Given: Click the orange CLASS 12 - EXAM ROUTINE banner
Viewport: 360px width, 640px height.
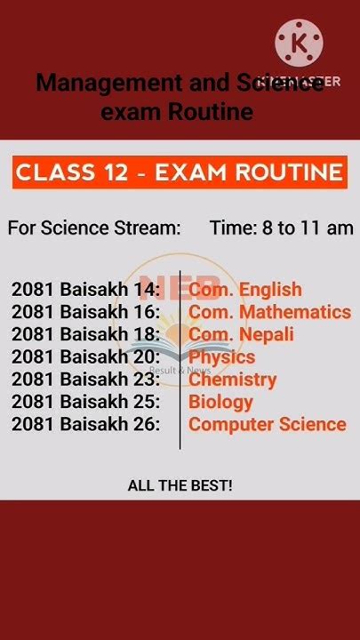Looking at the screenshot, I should click(x=180, y=172).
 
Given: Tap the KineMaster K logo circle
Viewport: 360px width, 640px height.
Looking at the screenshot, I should click(x=299, y=42).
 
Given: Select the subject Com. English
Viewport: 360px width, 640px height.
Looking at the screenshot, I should click(x=245, y=290).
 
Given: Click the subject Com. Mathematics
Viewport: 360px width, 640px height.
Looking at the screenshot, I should click(x=269, y=312).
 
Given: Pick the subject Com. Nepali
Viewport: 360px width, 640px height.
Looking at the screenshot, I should click(x=241, y=334).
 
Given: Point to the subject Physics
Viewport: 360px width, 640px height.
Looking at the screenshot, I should click(x=221, y=357).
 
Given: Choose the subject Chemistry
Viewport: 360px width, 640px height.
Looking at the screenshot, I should click(x=232, y=380).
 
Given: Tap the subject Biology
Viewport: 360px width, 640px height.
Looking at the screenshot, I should click(x=220, y=402).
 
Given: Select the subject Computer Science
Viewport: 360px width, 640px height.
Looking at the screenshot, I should click(x=267, y=424).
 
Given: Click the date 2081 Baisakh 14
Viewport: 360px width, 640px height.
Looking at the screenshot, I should click(x=86, y=290).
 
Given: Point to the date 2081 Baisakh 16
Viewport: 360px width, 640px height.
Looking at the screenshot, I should click(x=86, y=312).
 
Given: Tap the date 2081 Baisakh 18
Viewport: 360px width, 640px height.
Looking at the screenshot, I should click(x=86, y=334).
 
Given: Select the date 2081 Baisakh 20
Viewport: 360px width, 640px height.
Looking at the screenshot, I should click(x=86, y=357).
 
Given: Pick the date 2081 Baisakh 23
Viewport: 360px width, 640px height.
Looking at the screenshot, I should click(x=86, y=380).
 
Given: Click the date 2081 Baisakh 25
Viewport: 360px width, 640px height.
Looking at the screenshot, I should click(x=86, y=402).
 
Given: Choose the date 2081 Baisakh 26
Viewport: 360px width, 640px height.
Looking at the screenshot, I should click(x=86, y=424).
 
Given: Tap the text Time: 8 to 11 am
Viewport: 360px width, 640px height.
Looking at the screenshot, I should click(x=281, y=228).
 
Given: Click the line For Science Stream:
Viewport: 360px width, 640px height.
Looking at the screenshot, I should click(x=94, y=228).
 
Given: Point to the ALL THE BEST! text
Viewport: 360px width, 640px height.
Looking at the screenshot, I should click(x=180, y=485).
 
